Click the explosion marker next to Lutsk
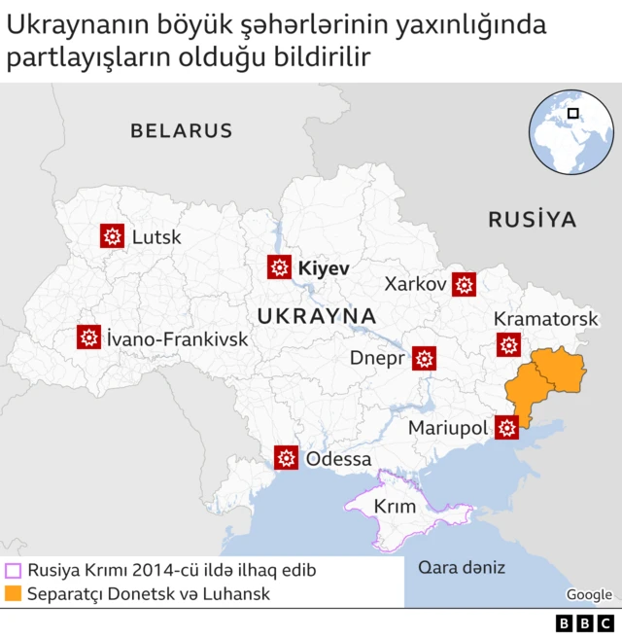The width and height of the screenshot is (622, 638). (113, 235)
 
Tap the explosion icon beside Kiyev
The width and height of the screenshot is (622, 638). (280, 267)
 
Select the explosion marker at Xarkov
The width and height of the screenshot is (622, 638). (465, 284)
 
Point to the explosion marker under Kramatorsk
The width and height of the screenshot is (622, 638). (508, 344)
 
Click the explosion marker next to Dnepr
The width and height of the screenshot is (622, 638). (424, 358)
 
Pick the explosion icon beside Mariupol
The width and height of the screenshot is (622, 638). (506, 427)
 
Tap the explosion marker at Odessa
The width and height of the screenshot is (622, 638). (286, 457)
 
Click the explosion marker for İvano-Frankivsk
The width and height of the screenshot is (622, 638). (89, 337)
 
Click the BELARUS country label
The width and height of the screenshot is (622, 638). (182, 130)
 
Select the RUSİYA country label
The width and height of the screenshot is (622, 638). (532, 219)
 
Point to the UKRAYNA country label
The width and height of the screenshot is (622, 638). (317, 315)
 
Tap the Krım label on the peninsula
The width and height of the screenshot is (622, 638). (395, 506)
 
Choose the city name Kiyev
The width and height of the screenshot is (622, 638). (323, 267)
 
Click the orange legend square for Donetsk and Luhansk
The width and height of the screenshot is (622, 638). (13, 593)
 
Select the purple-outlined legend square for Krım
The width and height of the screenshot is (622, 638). (13, 571)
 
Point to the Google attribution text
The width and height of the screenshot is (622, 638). (589, 594)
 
